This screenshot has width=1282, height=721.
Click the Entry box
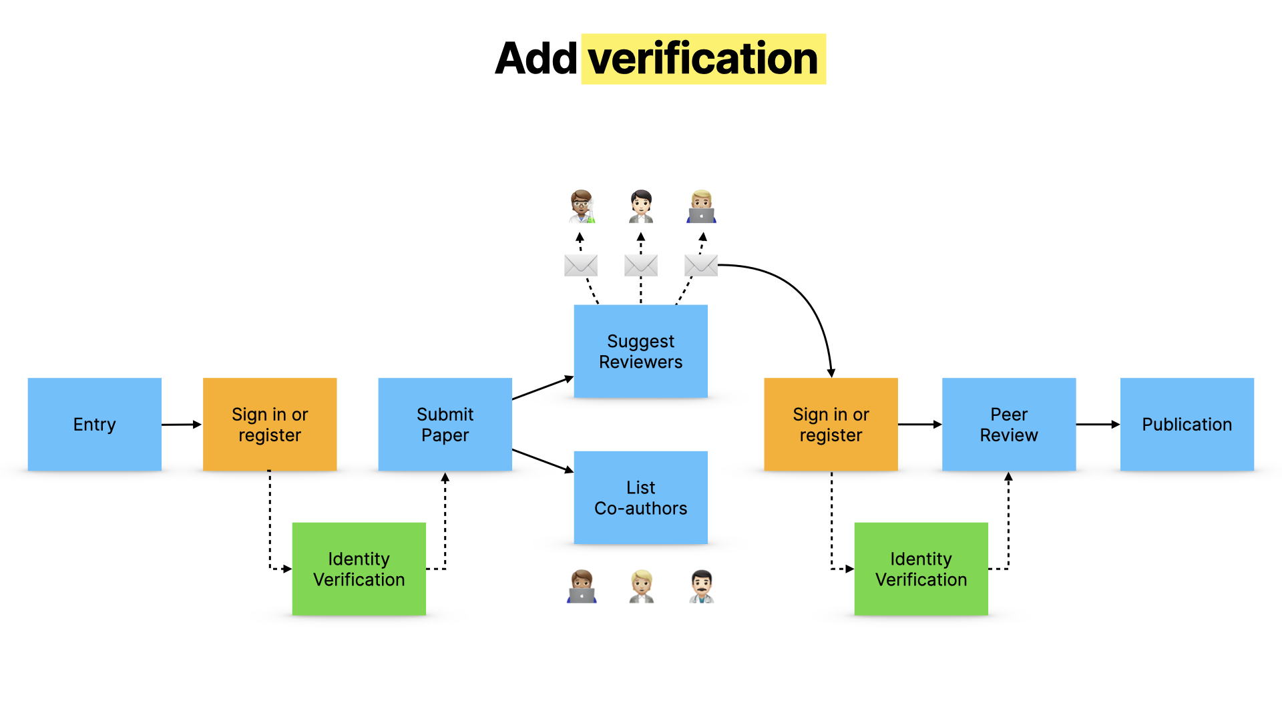pyautogui.click(x=94, y=425)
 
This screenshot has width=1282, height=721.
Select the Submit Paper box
pyautogui.click(x=445, y=425)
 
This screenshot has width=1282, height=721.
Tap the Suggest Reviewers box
pyautogui.click(x=640, y=351)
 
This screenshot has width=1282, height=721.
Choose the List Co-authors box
pyautogui.click(x=640, y=497)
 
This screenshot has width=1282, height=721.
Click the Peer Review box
pyautogui.click(x=1008, y=425)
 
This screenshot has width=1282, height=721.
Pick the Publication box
pyautogui.click(x=1187, y=425)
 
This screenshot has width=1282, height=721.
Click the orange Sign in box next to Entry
pyautogui.click(x=270, y=425)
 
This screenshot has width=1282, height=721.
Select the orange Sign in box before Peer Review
pyautogui.click(x=831, y=425)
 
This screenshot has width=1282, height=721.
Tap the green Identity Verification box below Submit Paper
pyautogui.click(x=359, y=569)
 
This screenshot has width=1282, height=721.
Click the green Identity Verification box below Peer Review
pyautogui.click(x=921, y=569)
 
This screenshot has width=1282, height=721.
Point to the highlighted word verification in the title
pyautogui.click(x=703, y=59)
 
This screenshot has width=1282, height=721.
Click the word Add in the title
pyautogui.click(x=536, y=59)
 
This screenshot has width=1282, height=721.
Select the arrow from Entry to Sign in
pyautogui.click(x=181, y=425)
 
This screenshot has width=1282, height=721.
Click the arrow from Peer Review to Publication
pyautogui.click(x=1097, y=425)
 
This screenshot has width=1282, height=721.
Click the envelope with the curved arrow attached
pyautogui.click(x=700, y=266)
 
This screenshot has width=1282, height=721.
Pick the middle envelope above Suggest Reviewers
pyautogui.click(x=640, y=266)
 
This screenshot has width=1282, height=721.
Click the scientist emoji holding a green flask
pyautogui.click(x=582, y=206)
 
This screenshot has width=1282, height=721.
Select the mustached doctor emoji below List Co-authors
pyautogui.click(x=701, y=586)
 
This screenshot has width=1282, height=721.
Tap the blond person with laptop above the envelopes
pyautogui.click(x=701, y=206)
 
